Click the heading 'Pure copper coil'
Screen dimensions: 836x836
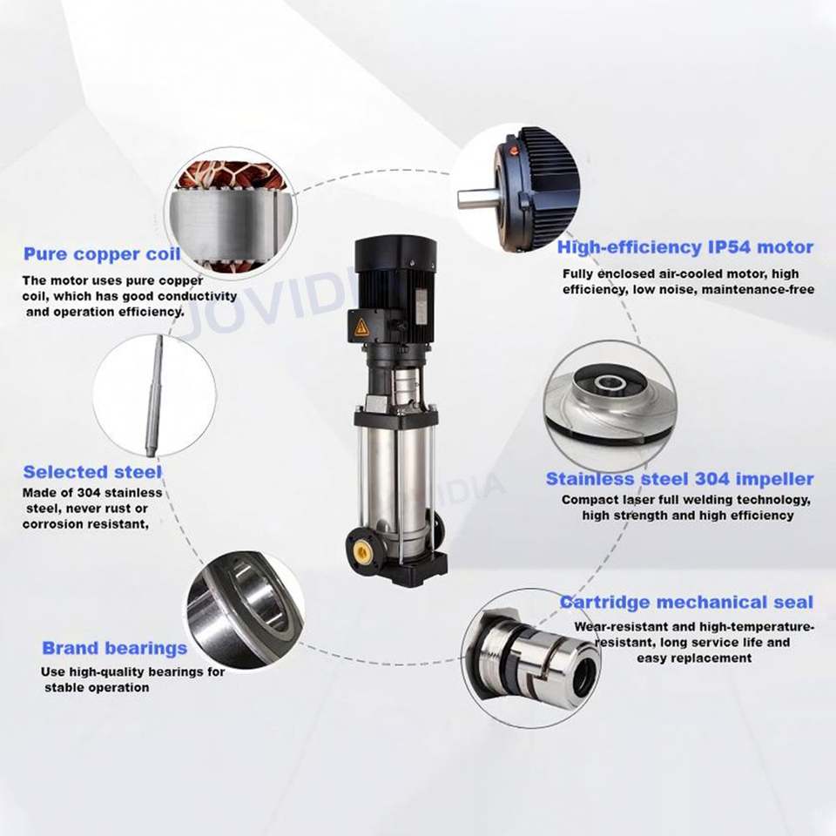(102, 253)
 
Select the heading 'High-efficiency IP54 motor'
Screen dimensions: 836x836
(685, 247)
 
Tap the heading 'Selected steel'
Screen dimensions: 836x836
(92, 472)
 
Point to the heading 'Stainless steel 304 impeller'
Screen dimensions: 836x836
(680, 479)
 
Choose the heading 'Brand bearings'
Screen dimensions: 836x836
(115, 648)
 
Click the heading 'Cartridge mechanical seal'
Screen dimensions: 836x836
(687, 602)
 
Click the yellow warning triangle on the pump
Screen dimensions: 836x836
(362, 326)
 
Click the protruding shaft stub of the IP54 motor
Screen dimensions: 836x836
(477, 200)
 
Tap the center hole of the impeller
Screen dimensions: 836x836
(610, 381)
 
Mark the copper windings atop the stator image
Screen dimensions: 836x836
(232, 175)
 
